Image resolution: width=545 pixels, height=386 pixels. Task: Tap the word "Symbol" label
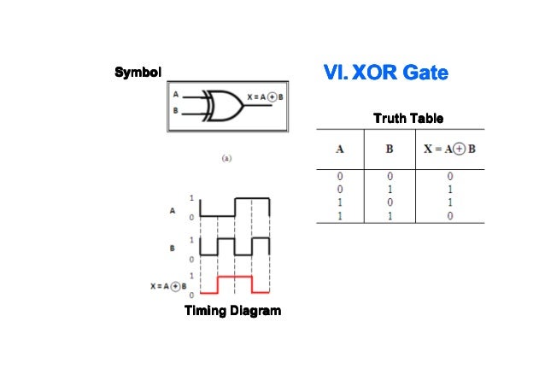click(x=138, y=72)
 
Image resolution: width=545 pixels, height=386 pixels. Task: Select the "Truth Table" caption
click(x=407, y=118)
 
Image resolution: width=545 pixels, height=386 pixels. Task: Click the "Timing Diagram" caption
click(x=232, y=311)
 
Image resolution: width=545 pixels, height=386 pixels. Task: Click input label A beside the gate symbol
click(x=175, y=94)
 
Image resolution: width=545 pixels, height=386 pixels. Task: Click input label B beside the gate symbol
click(x=175, y=110)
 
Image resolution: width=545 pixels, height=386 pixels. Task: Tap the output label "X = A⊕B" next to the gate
click(x=266, y=95)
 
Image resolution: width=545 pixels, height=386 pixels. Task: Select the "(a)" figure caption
click(x=226, y=158)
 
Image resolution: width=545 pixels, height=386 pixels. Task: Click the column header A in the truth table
click(x=339, y=149)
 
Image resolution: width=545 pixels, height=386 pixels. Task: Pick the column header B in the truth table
click(x=389, y=149)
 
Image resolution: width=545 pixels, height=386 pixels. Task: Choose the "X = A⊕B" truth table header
click(x=449, y=149)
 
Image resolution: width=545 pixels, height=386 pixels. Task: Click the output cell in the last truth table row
click(x=449, y=216)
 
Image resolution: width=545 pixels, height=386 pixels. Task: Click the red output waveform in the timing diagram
click(x=235, y=278)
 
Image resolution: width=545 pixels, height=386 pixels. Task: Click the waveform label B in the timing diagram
click(x=173, y=248)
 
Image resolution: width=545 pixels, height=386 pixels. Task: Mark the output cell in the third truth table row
click(x=449, y=202)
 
